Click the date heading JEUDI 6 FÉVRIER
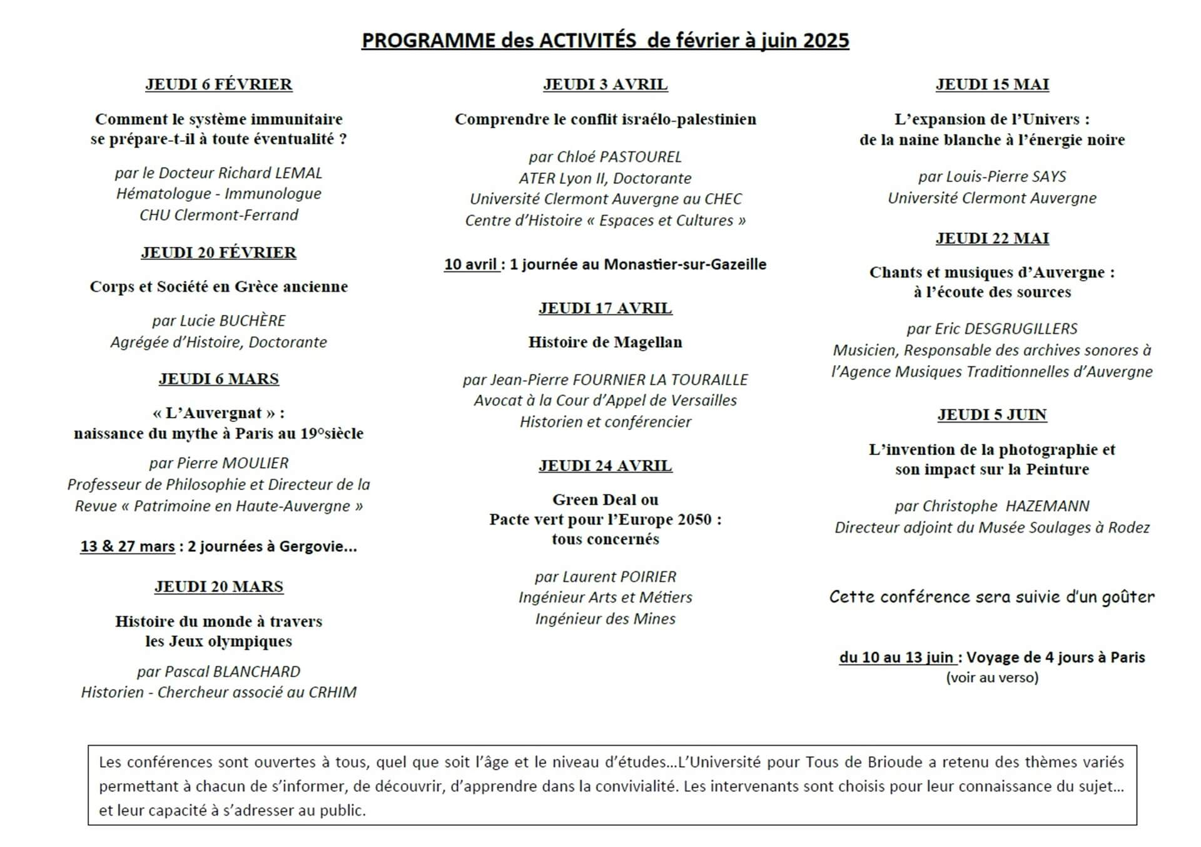click(x=218, y=84)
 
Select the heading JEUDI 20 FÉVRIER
click(x=218, y=253)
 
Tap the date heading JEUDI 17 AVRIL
click(x=605, y=308)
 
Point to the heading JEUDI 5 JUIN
click(x=991, y=414)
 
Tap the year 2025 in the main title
click(x=826, y=41)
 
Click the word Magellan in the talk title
click(x=648, y=343)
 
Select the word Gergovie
click(x=318, y=546)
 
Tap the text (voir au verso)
click(x=991, y=678)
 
